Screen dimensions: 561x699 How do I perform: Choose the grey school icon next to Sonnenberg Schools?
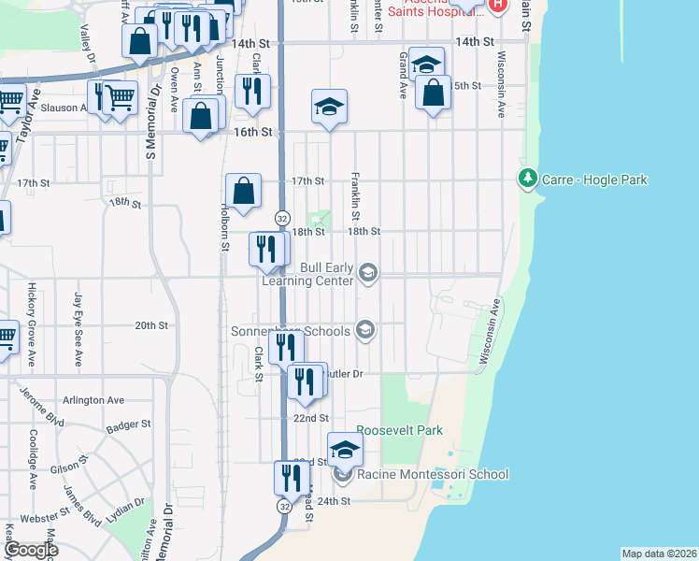click(364, 330)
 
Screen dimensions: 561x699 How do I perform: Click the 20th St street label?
click(150, 325)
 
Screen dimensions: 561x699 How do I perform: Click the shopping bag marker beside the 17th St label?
click(242, 191)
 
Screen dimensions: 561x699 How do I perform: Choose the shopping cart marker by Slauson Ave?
click(120, 96)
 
